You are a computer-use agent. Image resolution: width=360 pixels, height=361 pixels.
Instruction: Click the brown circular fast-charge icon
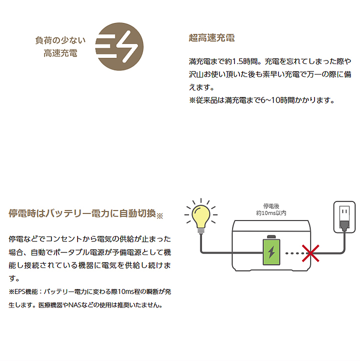tap(119, 46)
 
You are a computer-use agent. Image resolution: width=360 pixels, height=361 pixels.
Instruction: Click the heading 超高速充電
tap(211, 38)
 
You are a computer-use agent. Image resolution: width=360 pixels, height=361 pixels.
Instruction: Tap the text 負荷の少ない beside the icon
tap(60, 40)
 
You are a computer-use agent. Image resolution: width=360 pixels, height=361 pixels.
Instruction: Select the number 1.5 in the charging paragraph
tap(237, 61)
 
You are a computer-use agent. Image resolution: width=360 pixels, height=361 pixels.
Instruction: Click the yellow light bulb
tap(201, 216)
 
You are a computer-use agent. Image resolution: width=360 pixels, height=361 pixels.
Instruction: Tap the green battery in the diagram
tap(271, 250)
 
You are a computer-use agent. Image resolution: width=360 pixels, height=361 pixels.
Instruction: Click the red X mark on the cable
tap(310, 253)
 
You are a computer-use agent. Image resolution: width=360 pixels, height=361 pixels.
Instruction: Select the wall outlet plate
tap(344, 217)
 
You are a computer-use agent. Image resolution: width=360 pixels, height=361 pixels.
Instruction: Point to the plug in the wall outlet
tap(344, 225)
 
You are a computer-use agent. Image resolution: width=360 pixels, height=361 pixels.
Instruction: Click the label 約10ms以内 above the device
tap(271, 213)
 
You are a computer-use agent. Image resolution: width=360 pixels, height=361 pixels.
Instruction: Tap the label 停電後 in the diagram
tap(271, 206)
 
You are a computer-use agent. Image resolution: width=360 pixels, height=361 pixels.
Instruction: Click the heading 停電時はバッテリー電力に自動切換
tap(82, 213)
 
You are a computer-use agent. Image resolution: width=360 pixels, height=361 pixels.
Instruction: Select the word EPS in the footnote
tap(19, 291)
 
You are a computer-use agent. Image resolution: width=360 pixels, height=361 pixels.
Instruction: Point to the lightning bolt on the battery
tap(271, 251)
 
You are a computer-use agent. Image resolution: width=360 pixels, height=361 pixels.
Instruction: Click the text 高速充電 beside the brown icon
tap(60, 53)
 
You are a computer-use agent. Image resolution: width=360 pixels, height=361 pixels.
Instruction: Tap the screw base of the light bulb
tap(201, 230)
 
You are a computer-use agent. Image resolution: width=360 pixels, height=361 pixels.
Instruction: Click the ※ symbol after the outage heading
tap(159, 215)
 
